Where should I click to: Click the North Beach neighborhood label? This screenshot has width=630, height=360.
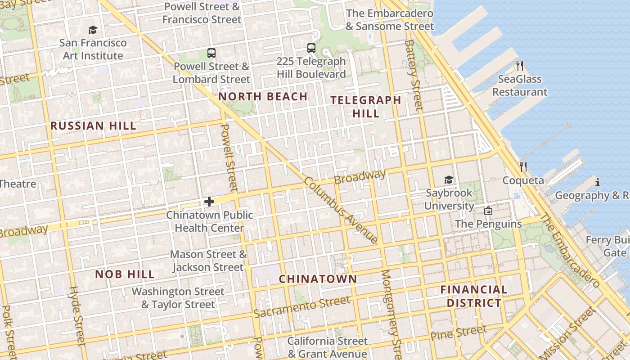pyautogui.click(x=263, y=97)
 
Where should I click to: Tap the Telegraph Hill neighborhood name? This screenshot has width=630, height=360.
pyautogui.click(x=366, y=107)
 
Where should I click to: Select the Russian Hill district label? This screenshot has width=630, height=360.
pyautogui.click(x=93, y=126)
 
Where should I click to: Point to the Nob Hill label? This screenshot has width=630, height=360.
pyautogui.click(x=125, y=274)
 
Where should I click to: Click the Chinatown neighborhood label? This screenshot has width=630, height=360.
pyautogui.click(x=318, y=279)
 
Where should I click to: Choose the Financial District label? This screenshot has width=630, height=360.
pyautogui.click(x=474, y=296)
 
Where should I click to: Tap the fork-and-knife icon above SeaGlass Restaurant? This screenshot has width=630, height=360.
pyautogui.click(x=520, y=66)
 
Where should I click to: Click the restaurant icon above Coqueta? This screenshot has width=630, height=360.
pyautogui.click(x=523, y=167)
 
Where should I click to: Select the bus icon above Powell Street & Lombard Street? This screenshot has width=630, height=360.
pyautogui.click(x=211, y=53)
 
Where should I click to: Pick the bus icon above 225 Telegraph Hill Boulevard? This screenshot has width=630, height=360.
pyautogui.click(x=311, y=48)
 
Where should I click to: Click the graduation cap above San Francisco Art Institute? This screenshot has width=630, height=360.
pyautogui.click(x=93, y=30)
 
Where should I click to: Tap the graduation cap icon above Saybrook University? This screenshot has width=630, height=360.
pyautogui.click(x=449, y=180)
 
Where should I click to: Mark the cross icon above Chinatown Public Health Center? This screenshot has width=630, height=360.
pyautogui.click(x=209, y=202)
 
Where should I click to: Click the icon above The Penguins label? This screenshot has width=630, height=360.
pyautogui.click(x=488, y=211)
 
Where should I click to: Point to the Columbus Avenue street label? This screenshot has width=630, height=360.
pyautogui.click(x=341, y=210)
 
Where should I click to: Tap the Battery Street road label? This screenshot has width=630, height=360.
pyautogui.click(x=414, y=75)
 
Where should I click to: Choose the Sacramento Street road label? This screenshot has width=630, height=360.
pyautogui.click(x=301, y=306)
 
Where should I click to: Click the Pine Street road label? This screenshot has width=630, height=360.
pyautogui.click(x=458, y=333)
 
